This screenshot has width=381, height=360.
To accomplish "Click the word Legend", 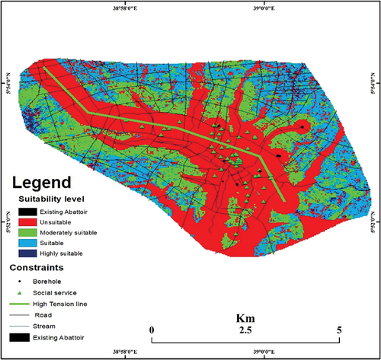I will click(40, 183).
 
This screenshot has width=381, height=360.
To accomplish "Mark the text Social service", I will click(64, 292).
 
